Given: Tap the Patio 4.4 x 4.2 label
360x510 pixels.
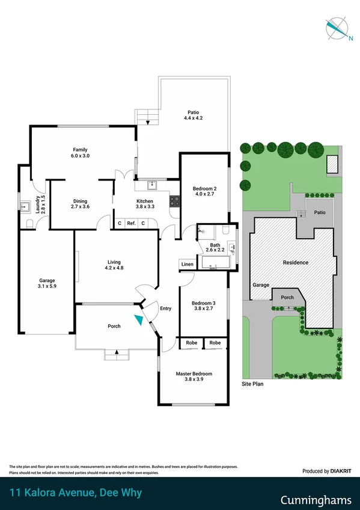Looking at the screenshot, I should (192, 115).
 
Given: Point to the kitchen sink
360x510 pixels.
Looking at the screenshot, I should (153, 185).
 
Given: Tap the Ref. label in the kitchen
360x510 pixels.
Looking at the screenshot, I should (131, 223).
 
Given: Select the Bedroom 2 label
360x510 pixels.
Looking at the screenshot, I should (204, 191).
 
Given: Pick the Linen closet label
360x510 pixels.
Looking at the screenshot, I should (187, 265).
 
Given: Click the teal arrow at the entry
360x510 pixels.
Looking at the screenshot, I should (139, 320).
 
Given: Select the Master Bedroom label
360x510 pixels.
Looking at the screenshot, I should (194, 377).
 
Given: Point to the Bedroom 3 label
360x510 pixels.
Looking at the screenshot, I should (203, 306).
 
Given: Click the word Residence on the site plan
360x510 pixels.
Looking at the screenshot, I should (296, 262).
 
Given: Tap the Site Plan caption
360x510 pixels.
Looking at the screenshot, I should (253, 383).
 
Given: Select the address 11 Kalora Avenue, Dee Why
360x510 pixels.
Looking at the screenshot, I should (76, 494).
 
